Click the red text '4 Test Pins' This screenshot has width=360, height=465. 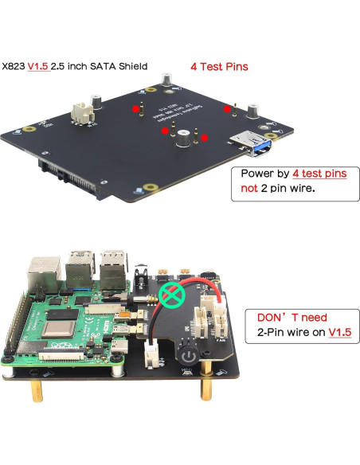coord(219,67)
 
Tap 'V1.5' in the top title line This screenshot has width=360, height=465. coord(37,67)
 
